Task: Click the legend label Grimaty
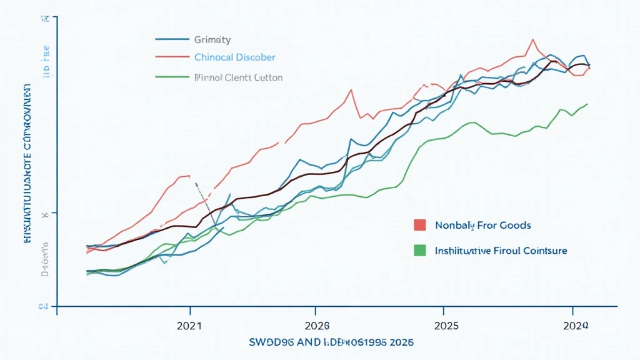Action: click(x=212, y=40)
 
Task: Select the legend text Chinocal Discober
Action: click(x=234, y=57)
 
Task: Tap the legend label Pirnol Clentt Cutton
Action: click(x=238, y=78)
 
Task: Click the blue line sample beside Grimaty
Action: click(x=171, y=39)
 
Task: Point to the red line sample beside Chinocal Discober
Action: click(x=171, y=57)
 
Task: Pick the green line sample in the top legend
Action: click(x=171, y=78)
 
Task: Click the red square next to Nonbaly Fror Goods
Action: click(x=419, y=225)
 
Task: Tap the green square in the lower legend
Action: click(x=419, y=250)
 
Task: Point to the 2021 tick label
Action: click(x=189, y=326)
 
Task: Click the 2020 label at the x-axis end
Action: click(x=575, y=326)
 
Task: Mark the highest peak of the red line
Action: click(x=532, y=40)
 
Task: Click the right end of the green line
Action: click(x=587, y=104)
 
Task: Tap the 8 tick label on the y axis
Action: click(x=44, y=214)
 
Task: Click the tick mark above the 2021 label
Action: click(x=189, y=310)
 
